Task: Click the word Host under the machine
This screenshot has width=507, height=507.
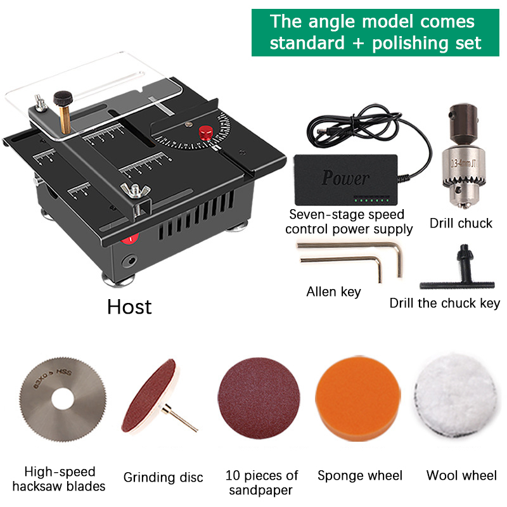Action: pos(129,307)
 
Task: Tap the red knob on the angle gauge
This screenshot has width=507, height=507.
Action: pos(205,132)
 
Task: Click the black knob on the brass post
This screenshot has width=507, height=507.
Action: pos(62,99)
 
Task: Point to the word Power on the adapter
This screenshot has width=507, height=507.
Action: pos(345,177)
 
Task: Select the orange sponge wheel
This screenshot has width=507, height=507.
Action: pos(359,400)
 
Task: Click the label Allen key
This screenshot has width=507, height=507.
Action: pos(333,292)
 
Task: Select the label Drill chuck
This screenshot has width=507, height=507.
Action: pos(461,223)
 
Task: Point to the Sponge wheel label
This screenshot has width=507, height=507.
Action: pos(360,475)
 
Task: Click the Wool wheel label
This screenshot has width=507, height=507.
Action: pos(461,475)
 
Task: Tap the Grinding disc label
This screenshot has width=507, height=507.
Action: pos(163,477)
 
